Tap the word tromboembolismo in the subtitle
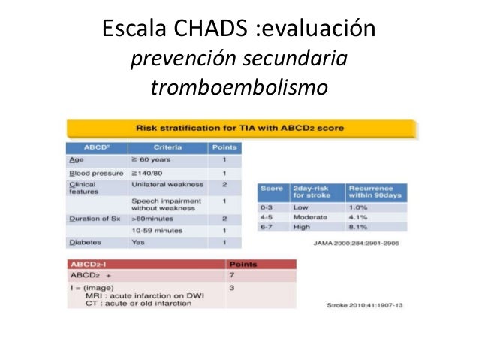(x=239, y=88)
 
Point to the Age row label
(x=76, y=160)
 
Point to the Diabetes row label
(x=85, y=243)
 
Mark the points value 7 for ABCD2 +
(x=232, y=275)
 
